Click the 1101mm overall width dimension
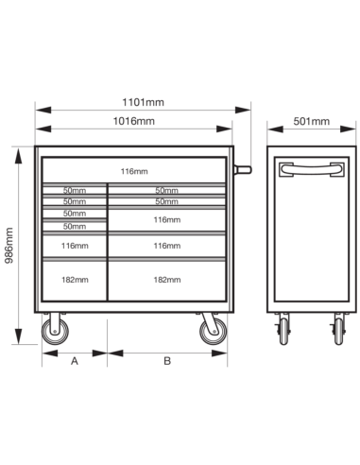click(143, 102)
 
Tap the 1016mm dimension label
click(134, 121)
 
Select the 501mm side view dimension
click(312, 121)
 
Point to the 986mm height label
click(9, 246)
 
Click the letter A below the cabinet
click(75, 361)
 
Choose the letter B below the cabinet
click(167, 361)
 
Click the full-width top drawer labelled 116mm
click(134, 170)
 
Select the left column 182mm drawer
click(75, 281)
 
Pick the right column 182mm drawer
click(167, 281)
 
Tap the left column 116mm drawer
click(75, 246)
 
